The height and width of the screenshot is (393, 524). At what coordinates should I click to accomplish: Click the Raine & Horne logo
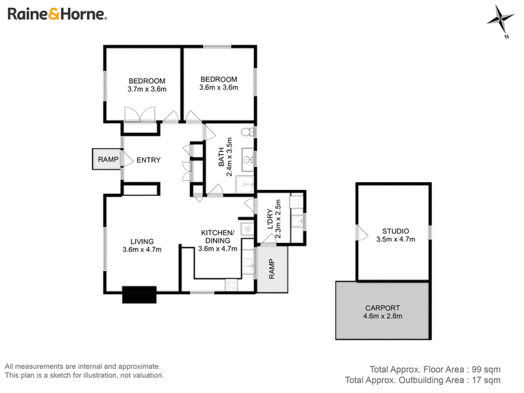(x=57, y=14)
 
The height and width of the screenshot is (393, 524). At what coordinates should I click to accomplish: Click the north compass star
(x=500, y=18)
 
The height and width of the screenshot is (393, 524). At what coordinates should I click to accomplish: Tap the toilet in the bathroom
(x=248, y=132)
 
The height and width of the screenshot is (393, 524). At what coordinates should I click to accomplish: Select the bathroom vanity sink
(x=248, y=160)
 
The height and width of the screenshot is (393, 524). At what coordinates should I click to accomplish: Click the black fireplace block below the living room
(x=140, y=295)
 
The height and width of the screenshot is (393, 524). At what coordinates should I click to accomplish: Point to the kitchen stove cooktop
(x=231, y=285)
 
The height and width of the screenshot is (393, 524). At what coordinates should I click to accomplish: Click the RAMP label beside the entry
(x=108, y=159)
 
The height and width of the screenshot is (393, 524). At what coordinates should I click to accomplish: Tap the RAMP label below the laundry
(x=271, y=269)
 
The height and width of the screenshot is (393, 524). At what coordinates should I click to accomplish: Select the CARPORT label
(x=383, y=308)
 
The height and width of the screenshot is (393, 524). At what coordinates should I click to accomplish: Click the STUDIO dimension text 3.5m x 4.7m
(x=396, y=239)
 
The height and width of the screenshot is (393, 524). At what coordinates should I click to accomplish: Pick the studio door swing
(x=362, y=233)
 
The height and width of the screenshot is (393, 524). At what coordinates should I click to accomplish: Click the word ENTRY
(x=149, y=160)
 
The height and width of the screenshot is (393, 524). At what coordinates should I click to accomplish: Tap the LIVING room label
(x=142, y=241)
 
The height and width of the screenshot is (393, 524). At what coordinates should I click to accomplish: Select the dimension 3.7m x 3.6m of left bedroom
(x=147, y=89)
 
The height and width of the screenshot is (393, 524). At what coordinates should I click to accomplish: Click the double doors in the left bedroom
(x=140, y=115)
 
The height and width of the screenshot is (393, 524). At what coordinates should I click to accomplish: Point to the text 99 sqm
(x=486, y=369)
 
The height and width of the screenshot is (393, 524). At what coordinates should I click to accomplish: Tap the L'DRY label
(x=270, y=219)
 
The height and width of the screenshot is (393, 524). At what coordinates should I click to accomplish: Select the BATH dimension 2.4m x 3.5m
(x=229, y=157)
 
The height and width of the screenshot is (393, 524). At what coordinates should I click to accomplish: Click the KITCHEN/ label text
(x=217, y=233)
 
